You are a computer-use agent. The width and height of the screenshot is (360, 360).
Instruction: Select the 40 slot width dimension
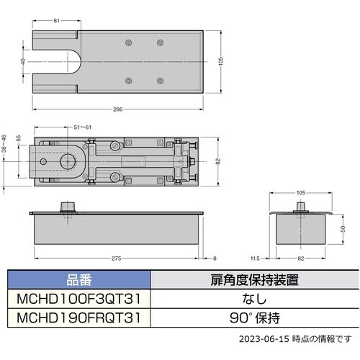[x=24, y=62]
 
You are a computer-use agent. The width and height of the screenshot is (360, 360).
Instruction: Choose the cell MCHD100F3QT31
[x=80, y=299]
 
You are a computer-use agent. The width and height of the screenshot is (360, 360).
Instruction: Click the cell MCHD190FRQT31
[x=80, y=316]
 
